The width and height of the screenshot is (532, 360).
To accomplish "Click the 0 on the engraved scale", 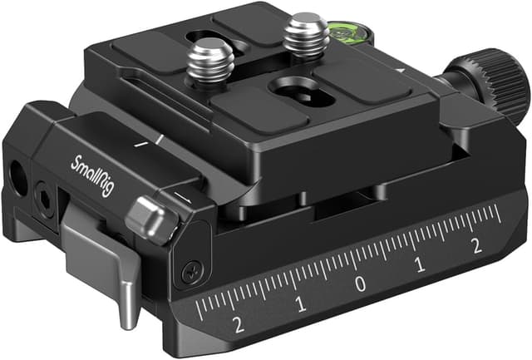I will [360, 284].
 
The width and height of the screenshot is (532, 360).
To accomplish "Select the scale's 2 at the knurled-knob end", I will [477, 244].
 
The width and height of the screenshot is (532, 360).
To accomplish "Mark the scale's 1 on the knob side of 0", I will [419, 265].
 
